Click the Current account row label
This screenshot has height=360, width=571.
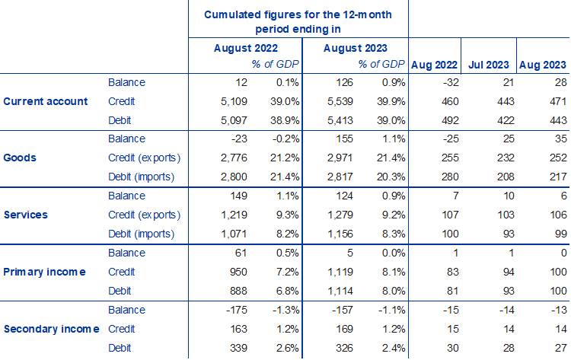pyautogui.click(x=46, y=101)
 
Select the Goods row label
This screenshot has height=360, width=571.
pyautogui.click(x=21, y=158)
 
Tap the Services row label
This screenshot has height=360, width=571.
pyautogui.click(x=26, y=215)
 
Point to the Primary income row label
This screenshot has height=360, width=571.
pyautogui.click(x=45, y=271)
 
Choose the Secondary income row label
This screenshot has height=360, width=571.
pyautogui.click(x=51, y=328)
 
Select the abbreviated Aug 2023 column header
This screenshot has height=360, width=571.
pyautogui.click(x=542, y=64)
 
